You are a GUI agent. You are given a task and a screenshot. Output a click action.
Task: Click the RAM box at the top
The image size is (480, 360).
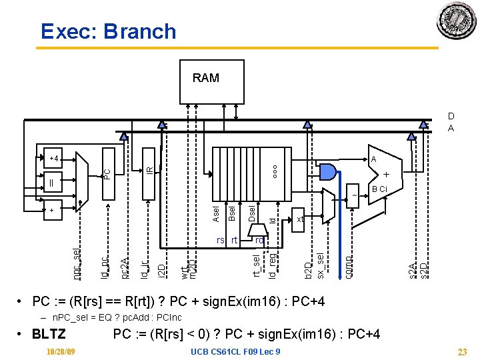click(x=205, y=78)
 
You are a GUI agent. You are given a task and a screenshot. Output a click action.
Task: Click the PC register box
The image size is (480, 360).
click(x=107, y=172)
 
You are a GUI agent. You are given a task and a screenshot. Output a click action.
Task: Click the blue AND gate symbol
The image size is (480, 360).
click(x=327, y=171)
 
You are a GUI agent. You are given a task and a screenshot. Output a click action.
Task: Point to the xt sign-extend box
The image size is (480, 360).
click(x=299, y=219)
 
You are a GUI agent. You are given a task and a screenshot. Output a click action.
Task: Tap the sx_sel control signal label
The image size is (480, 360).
click(x=320, y=265)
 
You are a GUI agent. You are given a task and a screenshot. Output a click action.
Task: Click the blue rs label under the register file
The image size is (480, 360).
click(x=220, y=240)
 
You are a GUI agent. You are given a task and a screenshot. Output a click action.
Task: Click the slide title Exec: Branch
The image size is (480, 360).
click(x=108, y=31)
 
